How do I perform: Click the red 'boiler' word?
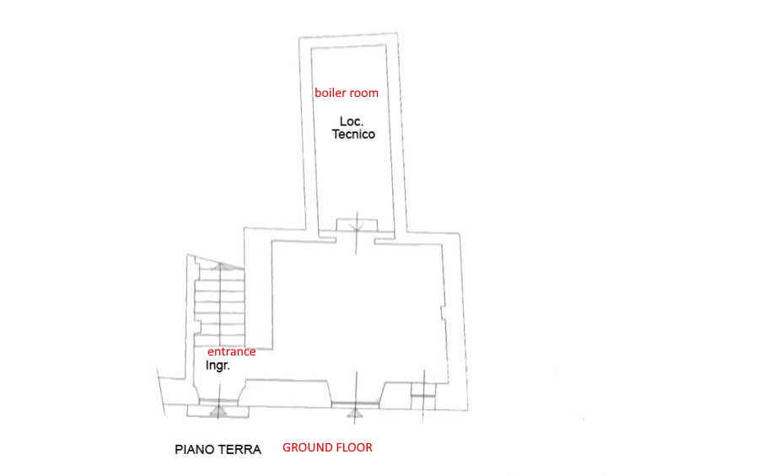[330, 93]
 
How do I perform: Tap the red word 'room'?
[364, 93]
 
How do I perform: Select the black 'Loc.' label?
[352, 121]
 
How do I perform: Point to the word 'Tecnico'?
[353, 134]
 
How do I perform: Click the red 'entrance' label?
[231, 351]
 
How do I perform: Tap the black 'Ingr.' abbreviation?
[218, 366]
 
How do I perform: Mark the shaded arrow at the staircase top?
[220, 266]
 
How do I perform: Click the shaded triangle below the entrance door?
[218, 412]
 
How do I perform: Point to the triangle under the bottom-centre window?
[355, 413]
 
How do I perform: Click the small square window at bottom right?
[423, 397]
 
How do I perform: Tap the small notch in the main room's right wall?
[443, 313]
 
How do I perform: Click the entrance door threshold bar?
[218, 402]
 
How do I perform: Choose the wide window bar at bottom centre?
[355, 404]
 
